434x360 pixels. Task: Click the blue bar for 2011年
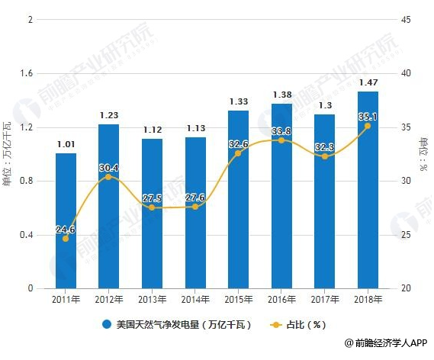[66, 221]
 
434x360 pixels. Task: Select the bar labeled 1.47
[368, 191]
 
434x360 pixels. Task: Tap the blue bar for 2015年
[238, 200]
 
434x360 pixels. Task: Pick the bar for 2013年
[152, 214]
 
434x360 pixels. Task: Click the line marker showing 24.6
[66, 239]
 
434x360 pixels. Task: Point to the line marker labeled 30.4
[109, 177]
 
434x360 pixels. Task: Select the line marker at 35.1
[368, 126]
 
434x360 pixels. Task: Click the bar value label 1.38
[281, 95]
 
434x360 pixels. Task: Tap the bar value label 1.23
[109, 115]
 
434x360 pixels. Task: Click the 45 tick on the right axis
[405, 19]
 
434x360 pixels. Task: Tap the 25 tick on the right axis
[405, 235]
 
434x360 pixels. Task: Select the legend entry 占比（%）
[301, 324]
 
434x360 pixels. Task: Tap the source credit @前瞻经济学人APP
[384, 346]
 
